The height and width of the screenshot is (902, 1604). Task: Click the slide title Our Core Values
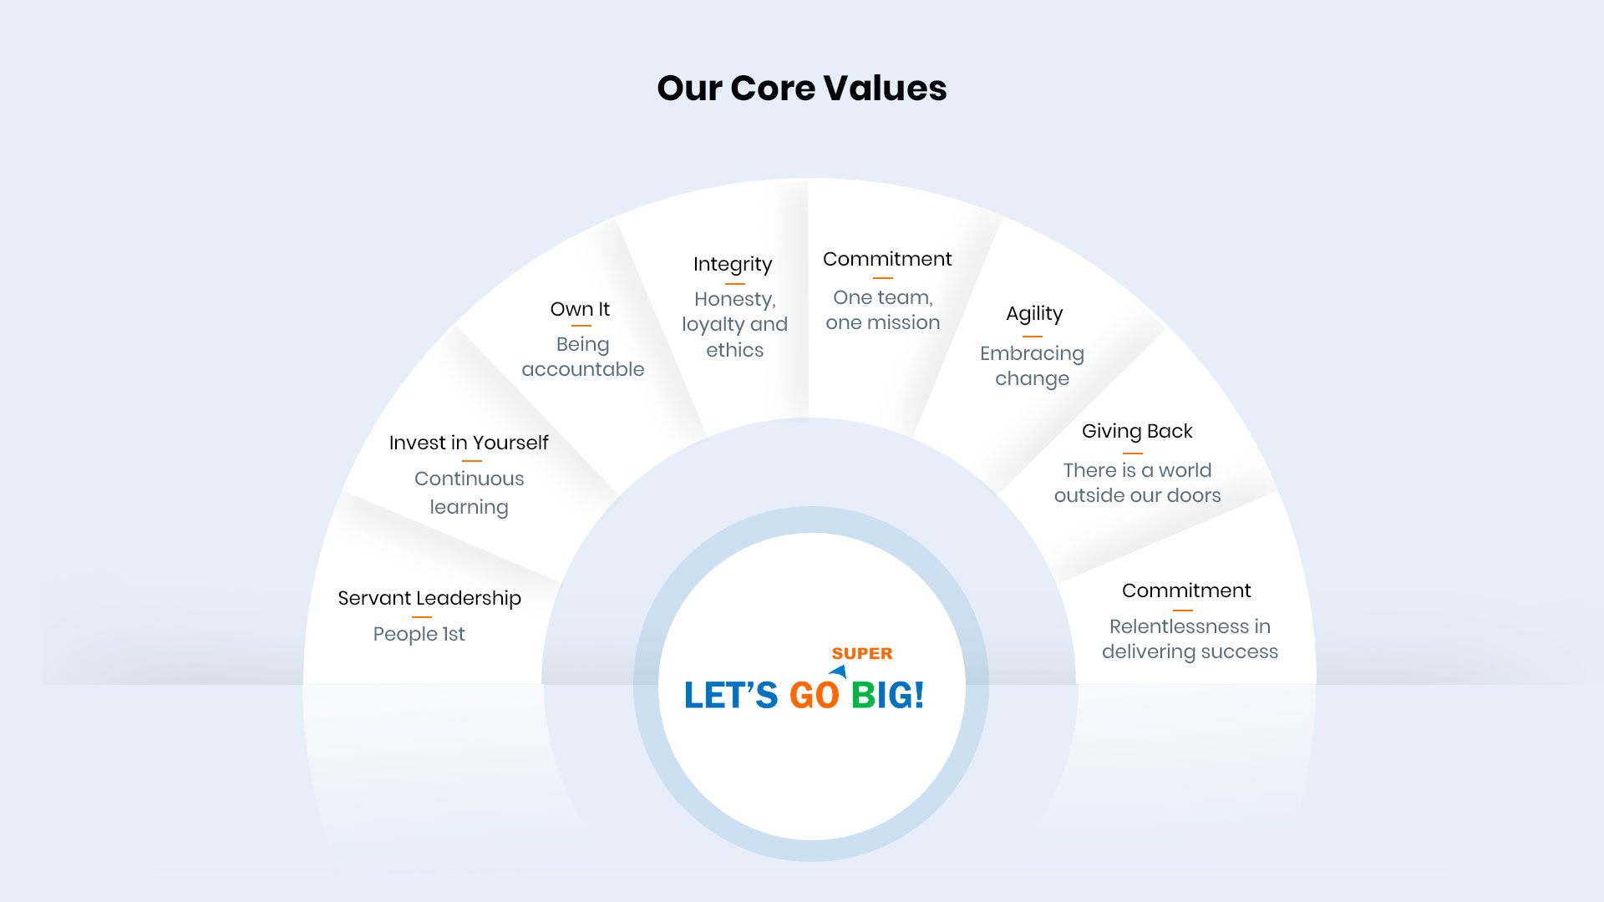(x=802, y=88)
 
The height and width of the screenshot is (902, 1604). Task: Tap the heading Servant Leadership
(x=429, y=598)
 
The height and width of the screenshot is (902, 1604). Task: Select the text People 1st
(x=419, y=634)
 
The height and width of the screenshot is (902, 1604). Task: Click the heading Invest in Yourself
(x=469, y=443)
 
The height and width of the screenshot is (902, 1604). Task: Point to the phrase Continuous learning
(x=470, y=493)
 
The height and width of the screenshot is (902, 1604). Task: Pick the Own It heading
(x=580, y=309)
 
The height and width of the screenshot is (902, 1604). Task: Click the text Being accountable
(x=583, y=357)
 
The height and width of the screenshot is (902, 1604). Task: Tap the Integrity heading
(x=733, y=265)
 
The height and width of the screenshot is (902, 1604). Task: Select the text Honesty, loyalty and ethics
(x=735, y=324)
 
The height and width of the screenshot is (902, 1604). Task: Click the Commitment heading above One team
(x=887, y=259)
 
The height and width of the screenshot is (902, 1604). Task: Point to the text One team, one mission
(x=883, y=310)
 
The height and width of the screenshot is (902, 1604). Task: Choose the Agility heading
(x=1034, y=314)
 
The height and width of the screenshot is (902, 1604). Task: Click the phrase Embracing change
(x=1033, y=366)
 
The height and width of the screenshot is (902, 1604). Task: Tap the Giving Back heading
(x=1137, y=431)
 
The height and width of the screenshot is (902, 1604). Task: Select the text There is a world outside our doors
(x=1138, y=483)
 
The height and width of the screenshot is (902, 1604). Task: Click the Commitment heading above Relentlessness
(x=1186, y=590)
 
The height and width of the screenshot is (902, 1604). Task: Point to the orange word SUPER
(x=862, y=653)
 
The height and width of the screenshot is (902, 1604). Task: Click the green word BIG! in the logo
(x=887, y=695)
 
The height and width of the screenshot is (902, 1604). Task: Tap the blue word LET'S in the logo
(x=731, y=695)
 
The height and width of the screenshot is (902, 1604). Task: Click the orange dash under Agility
(x=1033, y=337)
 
